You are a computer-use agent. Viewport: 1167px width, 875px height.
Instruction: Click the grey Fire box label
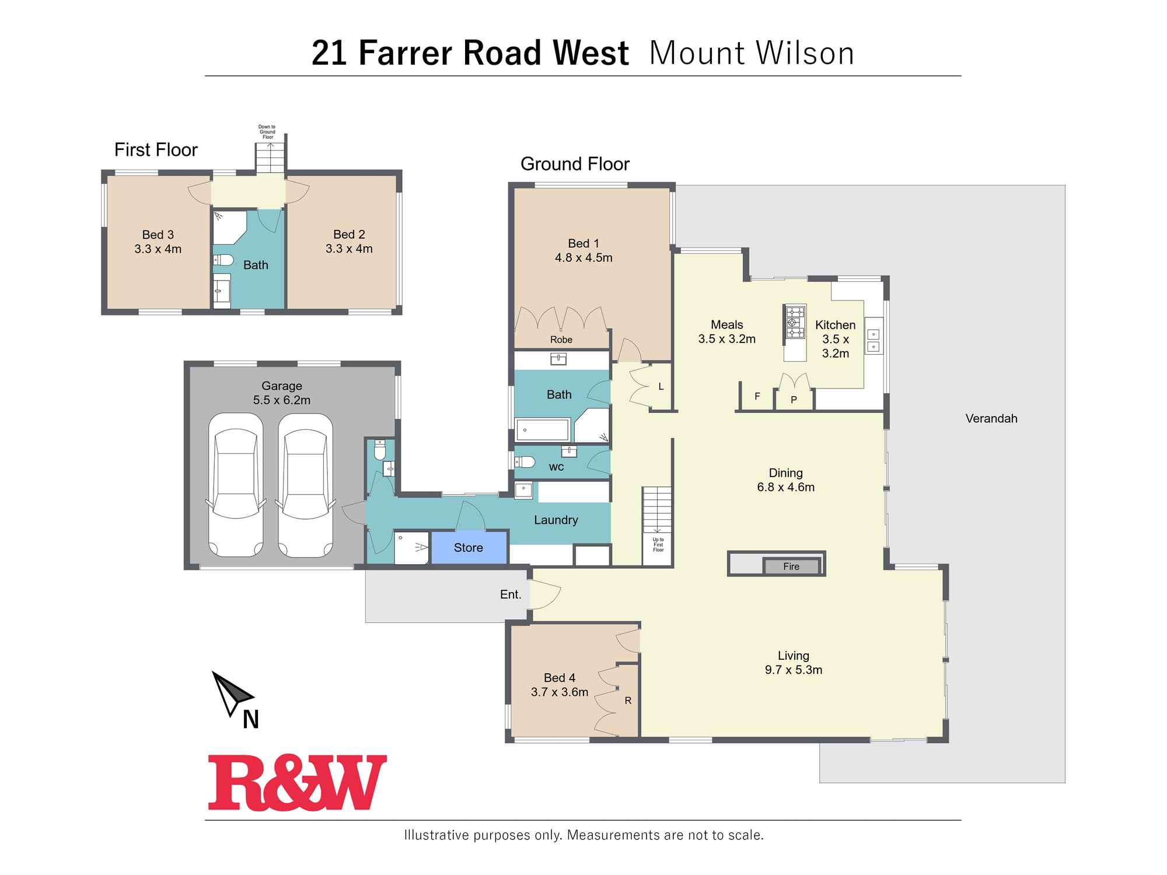pyautogui.click(x=791, y=566)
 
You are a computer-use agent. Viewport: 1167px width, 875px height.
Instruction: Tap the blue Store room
pyautogui.click(x=469, y=548)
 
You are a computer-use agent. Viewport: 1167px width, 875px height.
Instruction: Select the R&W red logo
pyautogui.click(x=297, y=783)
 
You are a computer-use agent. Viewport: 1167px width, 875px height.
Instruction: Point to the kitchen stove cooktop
pyautogui.click(x=794, y=321)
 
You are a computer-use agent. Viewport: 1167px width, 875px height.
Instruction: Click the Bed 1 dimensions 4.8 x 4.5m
pyautogui.click(x=583, y=258)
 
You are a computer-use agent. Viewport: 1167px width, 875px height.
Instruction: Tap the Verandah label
pyautogui.click(x=991, y=418)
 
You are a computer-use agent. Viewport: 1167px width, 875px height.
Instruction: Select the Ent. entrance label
pyautogui.click(x=511, y=594)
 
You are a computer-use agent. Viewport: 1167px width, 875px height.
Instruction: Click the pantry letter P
pyautogui.click(x=794, y=400)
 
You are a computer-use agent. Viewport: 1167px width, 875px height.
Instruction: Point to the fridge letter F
pyautogui.click(x=757, y=397)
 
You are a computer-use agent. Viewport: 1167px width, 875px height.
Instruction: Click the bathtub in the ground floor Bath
pyautogui.click(x=542, y=430)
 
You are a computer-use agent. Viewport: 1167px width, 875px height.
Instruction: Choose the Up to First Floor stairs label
pyautogui.click(x=658, y=545)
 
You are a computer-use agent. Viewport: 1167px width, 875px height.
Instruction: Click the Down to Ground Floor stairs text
pyautogui.click(x=267, y=132)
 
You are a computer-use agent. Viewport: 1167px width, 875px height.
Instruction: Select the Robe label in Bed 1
pyautogui.click(x=561, y=339)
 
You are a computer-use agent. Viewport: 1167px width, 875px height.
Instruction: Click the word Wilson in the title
pyautogui.click(x=805, y=53)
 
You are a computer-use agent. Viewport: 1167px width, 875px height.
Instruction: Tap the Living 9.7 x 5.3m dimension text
pyautogui.click(x=794, y=670)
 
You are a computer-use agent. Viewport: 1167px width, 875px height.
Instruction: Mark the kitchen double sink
pyautogui.click(x=873, y=340)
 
